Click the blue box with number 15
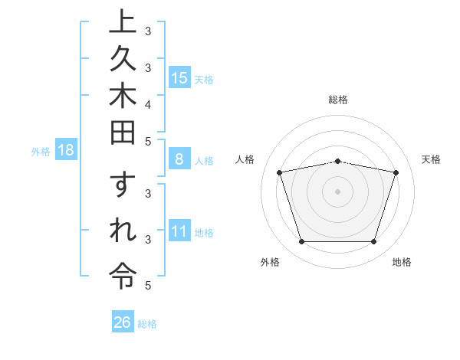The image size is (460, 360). (x=179, y=77)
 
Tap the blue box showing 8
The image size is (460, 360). (x=179, y=159)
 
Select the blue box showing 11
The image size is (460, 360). (x=179, y=231)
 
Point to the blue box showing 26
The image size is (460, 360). (x=123, y=322)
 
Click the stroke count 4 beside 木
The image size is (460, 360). (x=148, y=104)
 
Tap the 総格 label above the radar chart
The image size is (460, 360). (x=338, y=100)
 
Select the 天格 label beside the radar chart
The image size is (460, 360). (x=432, y=159)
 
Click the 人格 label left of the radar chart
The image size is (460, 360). (x=245, y=159)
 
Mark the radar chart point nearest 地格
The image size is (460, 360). (x=373, y=242)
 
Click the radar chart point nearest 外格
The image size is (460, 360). (x=301, y=242)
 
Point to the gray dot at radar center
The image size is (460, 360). (x=338, y=191)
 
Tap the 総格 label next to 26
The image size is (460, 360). (x=147, y=324)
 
